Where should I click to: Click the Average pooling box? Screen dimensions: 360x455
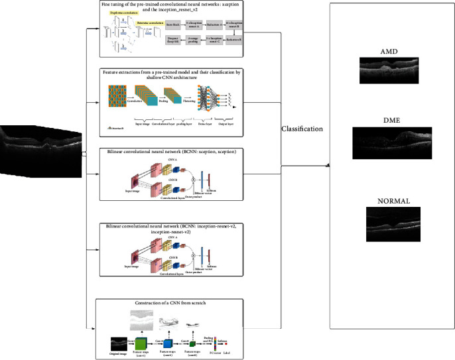click(x=193, y=40)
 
